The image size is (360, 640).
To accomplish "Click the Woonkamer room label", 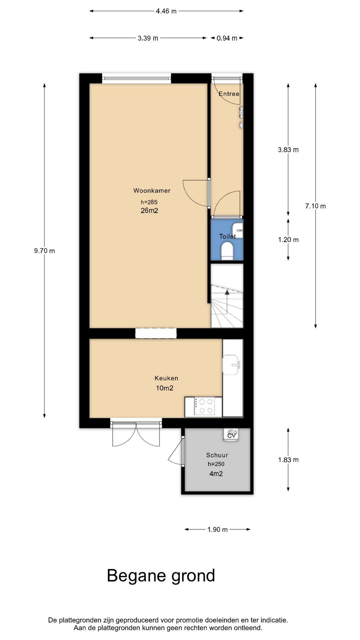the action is [152, 191].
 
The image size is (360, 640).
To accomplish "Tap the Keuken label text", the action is [166, 378].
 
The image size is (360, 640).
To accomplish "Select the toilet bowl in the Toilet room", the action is [227, 250].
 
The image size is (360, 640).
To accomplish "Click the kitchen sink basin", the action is [231, 364].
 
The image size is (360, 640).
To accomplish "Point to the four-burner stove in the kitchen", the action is [204, 406].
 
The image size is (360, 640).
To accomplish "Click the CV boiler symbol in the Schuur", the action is [231, 434].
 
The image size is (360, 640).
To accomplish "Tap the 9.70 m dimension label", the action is [44, 251].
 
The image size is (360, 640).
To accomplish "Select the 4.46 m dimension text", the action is [166, 11].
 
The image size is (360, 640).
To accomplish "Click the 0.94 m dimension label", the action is [227, 38].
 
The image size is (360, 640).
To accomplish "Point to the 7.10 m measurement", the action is [315, 206].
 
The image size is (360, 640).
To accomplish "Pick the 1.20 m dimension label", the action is [288, 240].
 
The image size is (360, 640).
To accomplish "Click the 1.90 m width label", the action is [217, 529].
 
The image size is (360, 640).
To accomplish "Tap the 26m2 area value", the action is [149, 210].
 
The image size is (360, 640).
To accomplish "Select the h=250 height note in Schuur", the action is [216, 464].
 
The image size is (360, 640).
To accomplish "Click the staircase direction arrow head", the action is [227, 292].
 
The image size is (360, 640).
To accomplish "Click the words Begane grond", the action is [161, 576].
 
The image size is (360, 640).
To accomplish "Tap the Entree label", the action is [229, 94].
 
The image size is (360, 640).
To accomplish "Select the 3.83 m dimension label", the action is [288, 150].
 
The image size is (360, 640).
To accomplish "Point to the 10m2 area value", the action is [165, 388].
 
